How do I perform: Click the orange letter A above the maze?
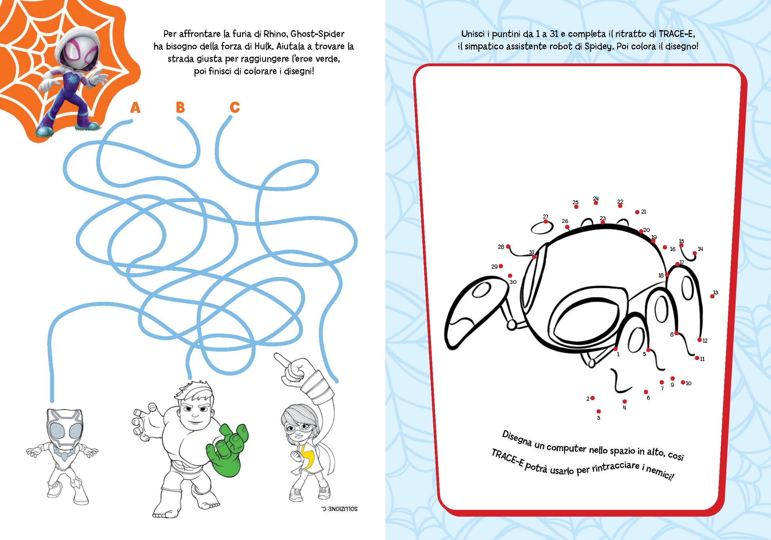pos(135,107)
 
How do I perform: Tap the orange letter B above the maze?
pos(180,107)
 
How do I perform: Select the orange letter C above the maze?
pos(235,107)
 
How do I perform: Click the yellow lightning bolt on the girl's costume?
pos(307,456)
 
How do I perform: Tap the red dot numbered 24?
pos(595,203)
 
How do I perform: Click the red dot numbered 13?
pos(712,297)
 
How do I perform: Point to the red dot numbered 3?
pos(599,412)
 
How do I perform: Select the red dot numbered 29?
pos(501,266)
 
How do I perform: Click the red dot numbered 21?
pos(637,212)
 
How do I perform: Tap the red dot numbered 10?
pos(683,382)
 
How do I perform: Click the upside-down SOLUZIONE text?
pos(339,509)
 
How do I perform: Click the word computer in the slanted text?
pos(566,447)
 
